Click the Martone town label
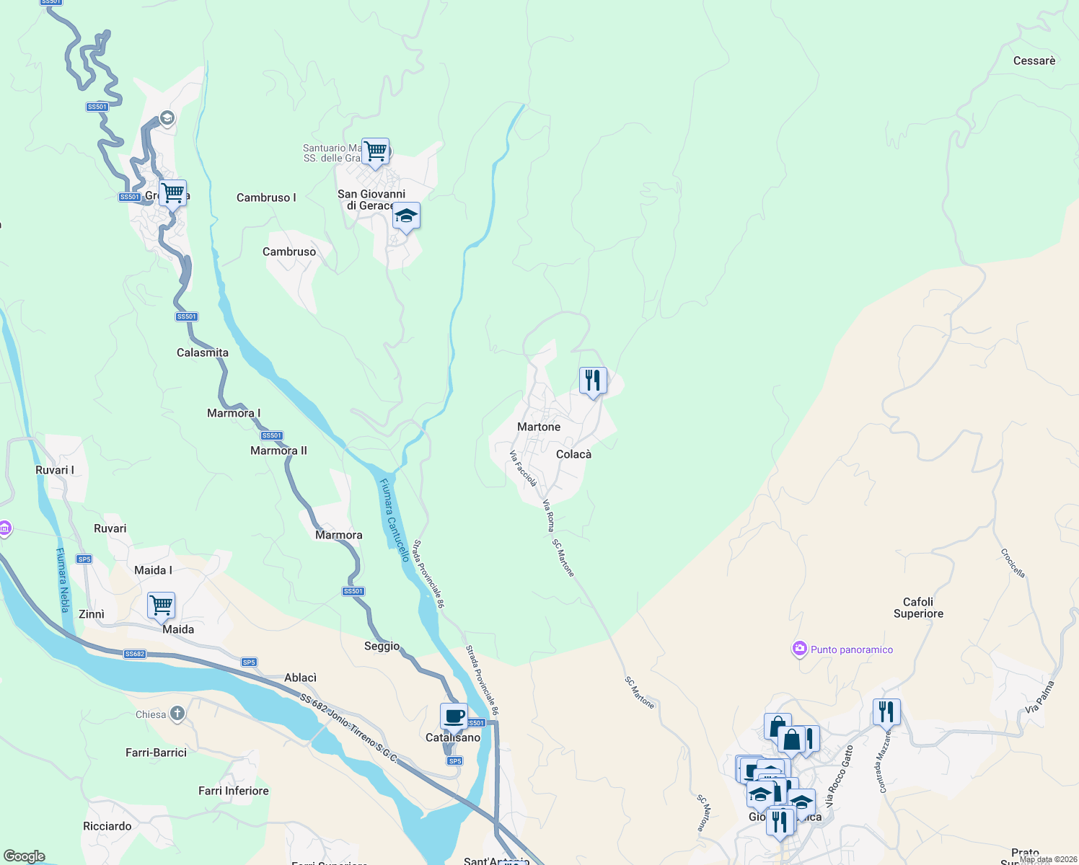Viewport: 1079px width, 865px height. tap(539, 427)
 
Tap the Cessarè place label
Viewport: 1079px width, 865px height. tap(1034, 61)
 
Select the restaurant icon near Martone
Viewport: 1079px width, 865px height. tap(593, 380)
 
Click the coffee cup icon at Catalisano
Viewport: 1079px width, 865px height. tap(454, 717)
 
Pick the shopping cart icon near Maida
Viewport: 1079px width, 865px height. tap(161, 605)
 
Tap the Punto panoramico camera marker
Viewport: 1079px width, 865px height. tap(799, 649)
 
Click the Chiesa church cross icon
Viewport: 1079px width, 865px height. tap(177, 714)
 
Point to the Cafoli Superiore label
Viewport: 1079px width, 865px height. tap(918, 608)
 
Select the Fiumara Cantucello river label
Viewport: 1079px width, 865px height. tap(395, 520)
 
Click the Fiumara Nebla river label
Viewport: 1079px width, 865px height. tap(63, 580)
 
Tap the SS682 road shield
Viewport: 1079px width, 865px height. tap(135, 655)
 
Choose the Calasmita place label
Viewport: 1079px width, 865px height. tap(203, 352)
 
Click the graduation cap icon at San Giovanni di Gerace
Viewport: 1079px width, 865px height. tap(406, 216)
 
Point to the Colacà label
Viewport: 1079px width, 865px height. tap(573, 454)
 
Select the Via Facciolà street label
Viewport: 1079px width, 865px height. tap(523, 469)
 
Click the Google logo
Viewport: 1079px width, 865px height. tap(25, 856)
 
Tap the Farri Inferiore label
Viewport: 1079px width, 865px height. tap(234, 791)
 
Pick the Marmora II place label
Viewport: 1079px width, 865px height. tap(278, 451)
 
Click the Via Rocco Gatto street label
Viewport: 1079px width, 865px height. tap(840, 776)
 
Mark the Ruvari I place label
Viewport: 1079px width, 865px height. tap(55, 470)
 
